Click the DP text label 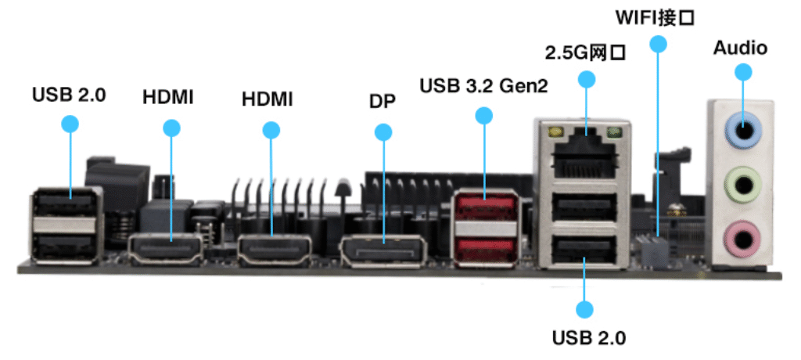coord(383,102)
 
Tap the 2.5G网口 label coord(586,52)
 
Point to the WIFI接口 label coord(656,16)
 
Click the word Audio coord(740,48)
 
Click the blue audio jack coord(742,128)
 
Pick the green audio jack coord(742,185)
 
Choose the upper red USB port coord(485,207)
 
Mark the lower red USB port coord(485,249)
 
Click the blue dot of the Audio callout coord(742,72)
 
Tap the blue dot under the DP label coord(383,132)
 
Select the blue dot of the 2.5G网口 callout coord(585,79)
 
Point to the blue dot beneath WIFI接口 coord(658,45)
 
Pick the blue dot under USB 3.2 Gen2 coord(484,116)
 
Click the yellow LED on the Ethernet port coord(556,133)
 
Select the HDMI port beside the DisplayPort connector coord(272,251)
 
